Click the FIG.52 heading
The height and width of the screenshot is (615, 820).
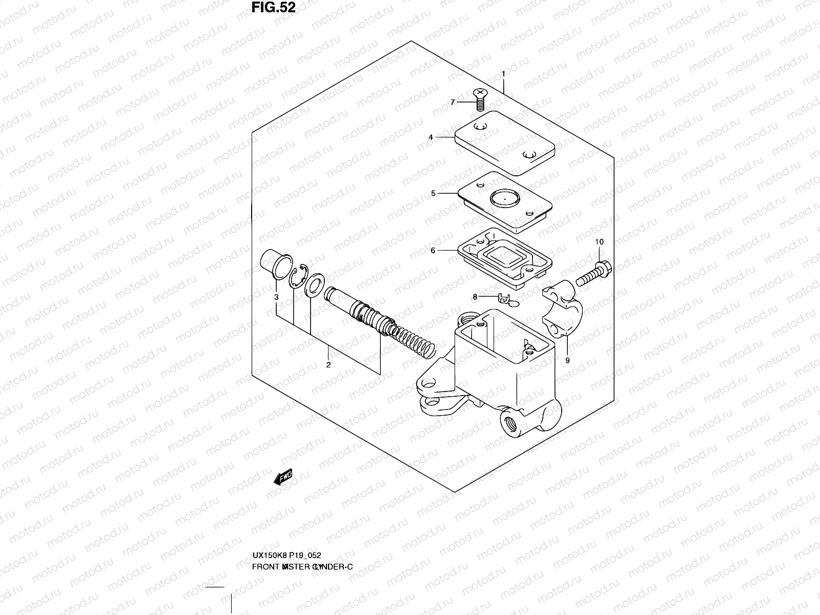[274, 8]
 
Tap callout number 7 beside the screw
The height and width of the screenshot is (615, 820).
[453, 102]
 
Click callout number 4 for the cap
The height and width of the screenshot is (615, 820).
[431, 137]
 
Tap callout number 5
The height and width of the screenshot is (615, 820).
[433, 193]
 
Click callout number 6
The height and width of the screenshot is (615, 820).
[433, 250]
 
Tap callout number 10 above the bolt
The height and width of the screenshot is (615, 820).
[599, 241]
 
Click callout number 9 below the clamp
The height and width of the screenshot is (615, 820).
[567, 360]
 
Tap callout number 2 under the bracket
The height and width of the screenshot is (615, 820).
[329, 365]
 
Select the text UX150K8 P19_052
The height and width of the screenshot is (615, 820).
[286, 556]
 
